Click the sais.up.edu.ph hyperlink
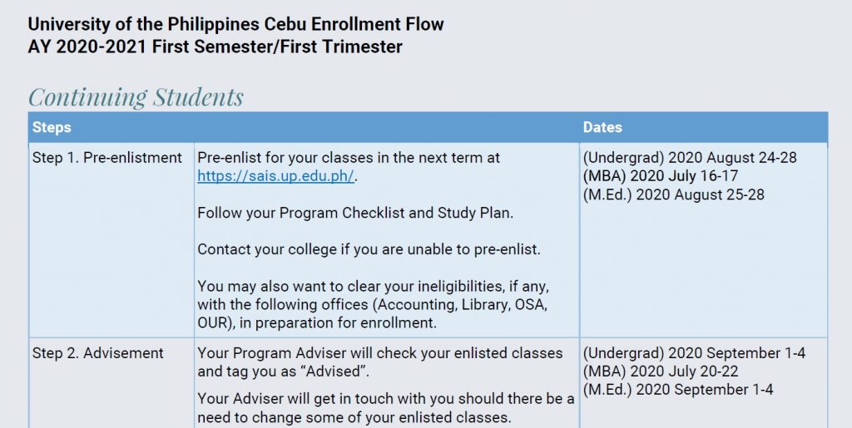point(275,176)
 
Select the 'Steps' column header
point(52,127)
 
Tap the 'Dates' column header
point(602,127)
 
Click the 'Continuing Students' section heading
point(136,97)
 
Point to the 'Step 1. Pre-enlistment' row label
point(107,157)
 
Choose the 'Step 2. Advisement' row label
point(98,353)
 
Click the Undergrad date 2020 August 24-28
point(690,157)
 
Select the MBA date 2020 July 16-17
point(661,176)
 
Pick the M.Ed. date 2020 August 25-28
point(673,194)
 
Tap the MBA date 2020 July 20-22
point(661,371)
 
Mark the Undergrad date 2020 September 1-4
point(694,353)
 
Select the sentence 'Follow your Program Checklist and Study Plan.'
point(355,213)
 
